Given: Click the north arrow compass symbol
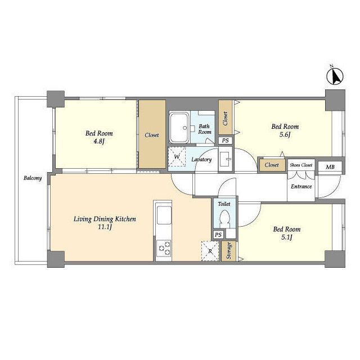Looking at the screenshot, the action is pos(335,76).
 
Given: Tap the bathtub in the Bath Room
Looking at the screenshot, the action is pos(179,128).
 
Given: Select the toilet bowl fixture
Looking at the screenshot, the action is pos(224,219).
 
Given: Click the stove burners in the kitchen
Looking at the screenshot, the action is pos(164,248).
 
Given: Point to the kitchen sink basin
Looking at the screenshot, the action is pos(164,215).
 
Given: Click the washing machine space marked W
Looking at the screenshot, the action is pos(177,157).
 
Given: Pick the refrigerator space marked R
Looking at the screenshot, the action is pos(210,251).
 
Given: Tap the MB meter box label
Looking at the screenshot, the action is pos(330,167).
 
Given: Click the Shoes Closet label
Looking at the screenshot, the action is pos(301,165).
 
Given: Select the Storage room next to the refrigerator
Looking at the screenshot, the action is pos(229,251).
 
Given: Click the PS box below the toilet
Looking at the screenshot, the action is pos(218,235).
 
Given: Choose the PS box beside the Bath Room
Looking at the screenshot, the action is pos(225,141).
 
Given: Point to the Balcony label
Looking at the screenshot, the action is pos(33,178).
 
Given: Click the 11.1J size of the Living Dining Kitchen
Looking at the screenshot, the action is pos(105,227).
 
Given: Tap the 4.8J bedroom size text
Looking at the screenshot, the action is pos(99,141).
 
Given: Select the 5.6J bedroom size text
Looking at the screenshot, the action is pos(285,134).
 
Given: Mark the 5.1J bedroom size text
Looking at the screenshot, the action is pos(287,237).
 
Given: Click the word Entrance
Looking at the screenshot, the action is pos(301,186).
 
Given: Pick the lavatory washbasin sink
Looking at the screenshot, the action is pos(225,159).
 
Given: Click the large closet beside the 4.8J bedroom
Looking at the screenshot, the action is pos(152,134).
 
